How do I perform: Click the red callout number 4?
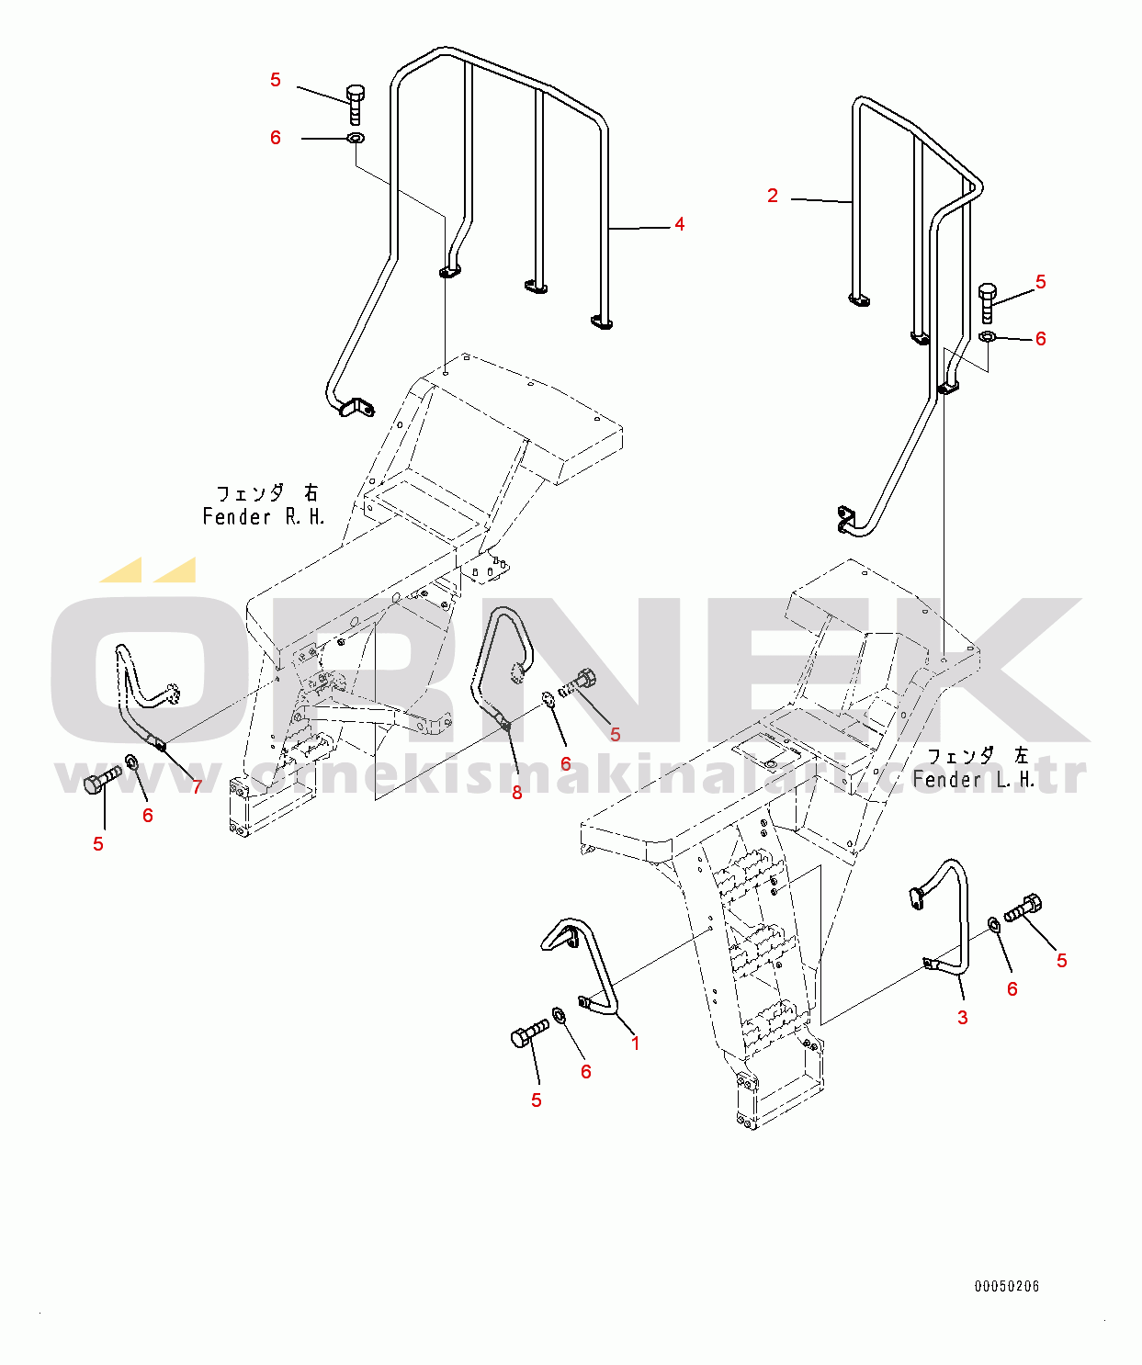[679, 224]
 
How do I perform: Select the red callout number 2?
[773, 196]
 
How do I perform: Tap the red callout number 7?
[197, 787]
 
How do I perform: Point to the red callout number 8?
[517, 793]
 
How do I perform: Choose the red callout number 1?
[635, 1043]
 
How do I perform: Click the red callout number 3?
[962, 1018]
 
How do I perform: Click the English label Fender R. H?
[264, 517]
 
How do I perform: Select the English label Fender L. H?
[973, 780]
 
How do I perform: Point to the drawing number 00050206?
[1007, 1286]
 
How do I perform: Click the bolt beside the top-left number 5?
[356, 104]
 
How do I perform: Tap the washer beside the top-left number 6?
[355, 139]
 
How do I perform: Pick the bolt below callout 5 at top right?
[988, 302]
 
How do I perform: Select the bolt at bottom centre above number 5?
[528, 1033]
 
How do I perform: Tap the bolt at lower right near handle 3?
[1023, 908]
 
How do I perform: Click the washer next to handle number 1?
[559, 1015]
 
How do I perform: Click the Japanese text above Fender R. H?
[266, 494]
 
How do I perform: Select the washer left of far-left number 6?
[130, 762]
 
